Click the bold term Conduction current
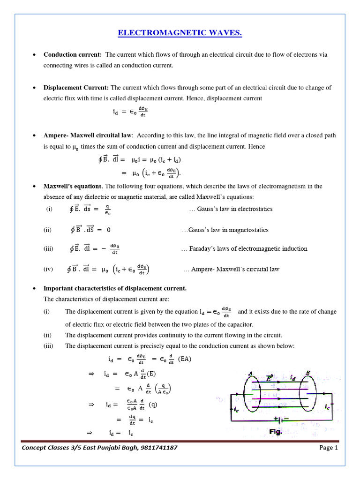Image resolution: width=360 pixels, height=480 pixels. coord(73,55)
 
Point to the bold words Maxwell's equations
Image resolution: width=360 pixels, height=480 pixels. coord(73,186)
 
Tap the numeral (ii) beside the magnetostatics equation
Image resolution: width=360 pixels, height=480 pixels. coord(47,230)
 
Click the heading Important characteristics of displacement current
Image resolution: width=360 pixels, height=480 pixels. coord(115,288)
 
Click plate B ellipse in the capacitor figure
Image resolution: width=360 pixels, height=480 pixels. coord(308,392)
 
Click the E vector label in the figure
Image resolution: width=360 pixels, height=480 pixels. coord(269,377)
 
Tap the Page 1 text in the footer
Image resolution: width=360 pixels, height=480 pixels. coord(329,448)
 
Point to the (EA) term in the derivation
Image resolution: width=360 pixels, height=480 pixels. coord(185,360)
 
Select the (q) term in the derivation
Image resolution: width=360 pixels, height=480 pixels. coord(152,404)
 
